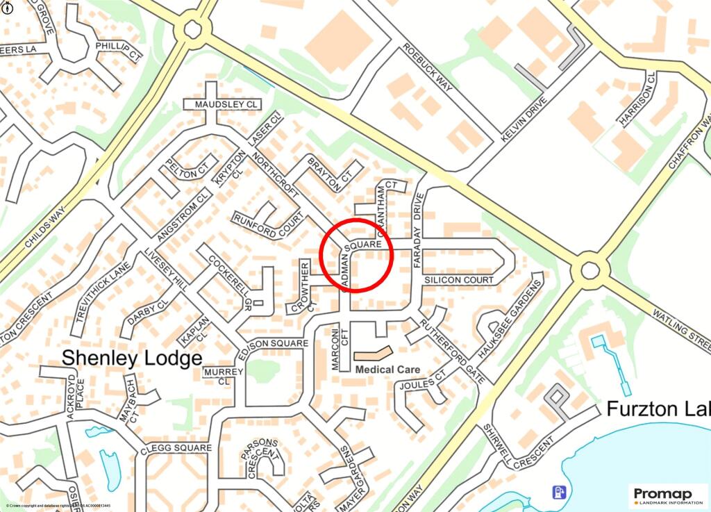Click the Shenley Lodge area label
(x=132, y=358)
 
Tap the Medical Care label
(x=387, y=370)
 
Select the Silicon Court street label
(x=458, y=280)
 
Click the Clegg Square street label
(x=176, y=448)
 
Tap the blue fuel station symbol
(x=557, y=493)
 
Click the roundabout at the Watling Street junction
(x=589, y=269)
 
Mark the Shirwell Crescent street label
(x=519, y=447)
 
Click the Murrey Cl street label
(x=224, y=376)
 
